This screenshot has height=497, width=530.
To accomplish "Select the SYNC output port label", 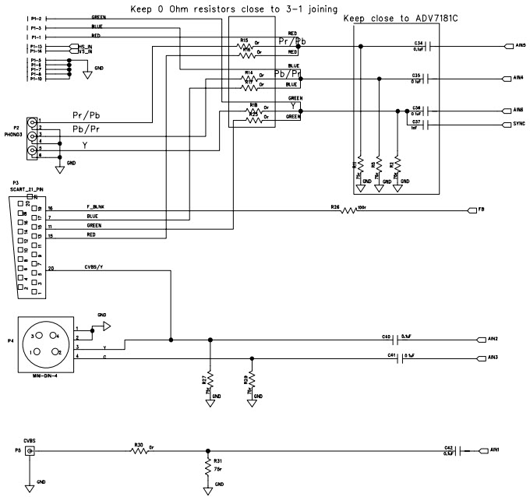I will point(519,124).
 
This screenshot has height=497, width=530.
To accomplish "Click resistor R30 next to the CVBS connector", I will point(140,451).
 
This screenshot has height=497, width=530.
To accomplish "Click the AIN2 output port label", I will point(492,340).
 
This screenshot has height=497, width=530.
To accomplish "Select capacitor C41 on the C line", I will point(401,358).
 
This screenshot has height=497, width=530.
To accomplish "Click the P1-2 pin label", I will point(33,17).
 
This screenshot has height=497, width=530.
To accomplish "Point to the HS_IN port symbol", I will point(75,46).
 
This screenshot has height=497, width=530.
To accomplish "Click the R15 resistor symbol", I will point(246,47).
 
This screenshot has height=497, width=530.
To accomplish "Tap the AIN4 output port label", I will point(518,79).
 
